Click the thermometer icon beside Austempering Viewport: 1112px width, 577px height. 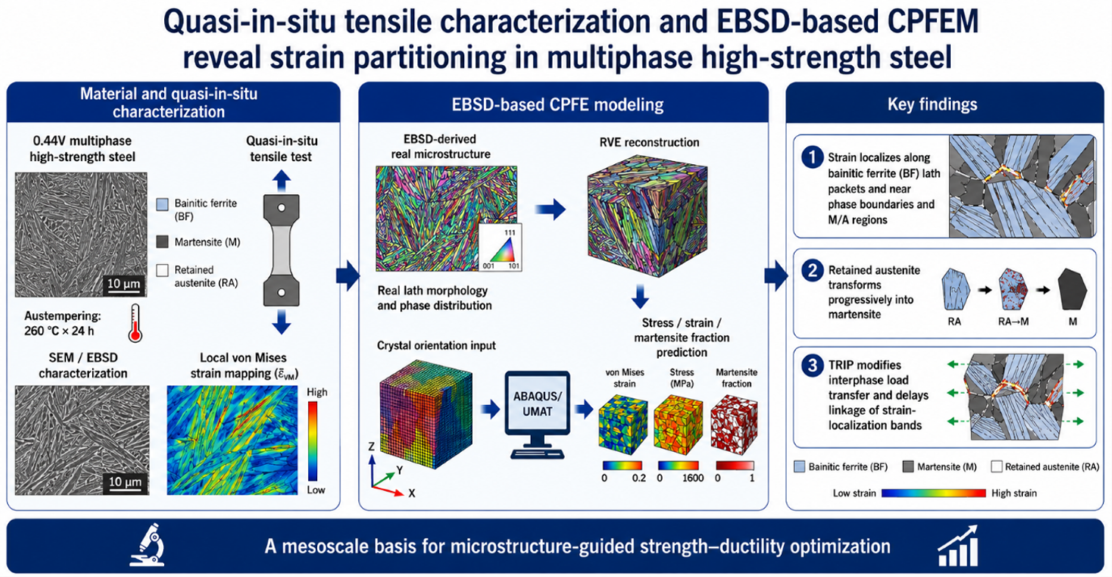[136, 323]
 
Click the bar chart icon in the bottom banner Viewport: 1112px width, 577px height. [958, 546]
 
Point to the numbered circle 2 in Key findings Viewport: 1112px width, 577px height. [812, 271]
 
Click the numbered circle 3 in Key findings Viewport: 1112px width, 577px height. [812, 366]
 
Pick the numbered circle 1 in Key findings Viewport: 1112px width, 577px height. [812, 157]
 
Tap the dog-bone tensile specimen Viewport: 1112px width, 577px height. [281, 250]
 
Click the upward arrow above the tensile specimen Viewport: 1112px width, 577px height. [281, 181]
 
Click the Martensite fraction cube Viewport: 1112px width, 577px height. [734, 424]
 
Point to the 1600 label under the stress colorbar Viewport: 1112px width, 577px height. [693, 478]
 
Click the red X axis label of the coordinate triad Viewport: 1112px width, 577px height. [412, 493]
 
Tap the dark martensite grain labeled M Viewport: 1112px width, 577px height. [1072, 290]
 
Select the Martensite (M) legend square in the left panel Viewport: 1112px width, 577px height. [162, 242]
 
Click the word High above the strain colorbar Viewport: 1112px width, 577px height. [317, 392]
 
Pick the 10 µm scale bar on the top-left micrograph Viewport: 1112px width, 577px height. [124, 285]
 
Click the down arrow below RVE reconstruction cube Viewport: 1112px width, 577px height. [640, 296]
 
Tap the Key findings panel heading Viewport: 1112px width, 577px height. [932, 104]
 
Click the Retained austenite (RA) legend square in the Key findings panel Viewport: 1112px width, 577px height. [996, 466]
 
